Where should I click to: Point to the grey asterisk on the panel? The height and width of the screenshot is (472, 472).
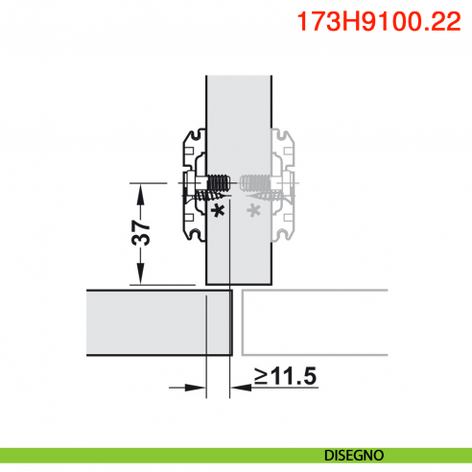pyautogui.click(x=254, y=208)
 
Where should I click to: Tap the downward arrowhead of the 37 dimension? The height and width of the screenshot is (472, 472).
pyautogui.click(x=141, y=274)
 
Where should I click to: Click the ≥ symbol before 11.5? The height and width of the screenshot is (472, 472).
pyautogui.click(x=261, y=377)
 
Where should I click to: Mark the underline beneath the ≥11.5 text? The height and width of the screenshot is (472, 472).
pyautogui.click(x=285, y=389)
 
